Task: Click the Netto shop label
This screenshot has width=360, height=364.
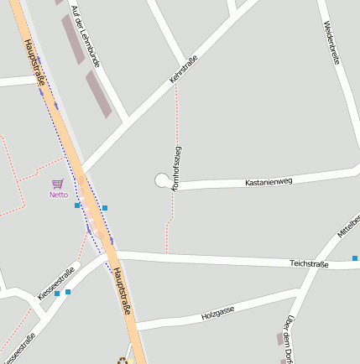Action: click(x=58, y=195)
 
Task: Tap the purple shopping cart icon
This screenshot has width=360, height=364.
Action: click(x=57, y=184)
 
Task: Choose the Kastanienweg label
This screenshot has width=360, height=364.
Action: click(x=268, y=181)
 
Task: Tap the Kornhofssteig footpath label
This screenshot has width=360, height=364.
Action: click(x=176, y=168)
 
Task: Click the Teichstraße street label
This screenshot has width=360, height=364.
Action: click(x=310, y=263)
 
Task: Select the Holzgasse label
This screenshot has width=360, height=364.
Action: click(x=217, y=315)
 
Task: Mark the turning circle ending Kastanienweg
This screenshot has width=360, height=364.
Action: click(x=161, y=180)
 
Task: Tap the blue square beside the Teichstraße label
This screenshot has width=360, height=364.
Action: click(x=355, y=259)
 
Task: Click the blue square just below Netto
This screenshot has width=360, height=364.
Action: click(x=77, y=205)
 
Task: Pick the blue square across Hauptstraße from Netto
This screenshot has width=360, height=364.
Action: click(x=105, y=207)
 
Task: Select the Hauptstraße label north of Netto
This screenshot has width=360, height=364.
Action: click(x=34, y=61)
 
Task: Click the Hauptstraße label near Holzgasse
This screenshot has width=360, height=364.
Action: click(x=121, y=290)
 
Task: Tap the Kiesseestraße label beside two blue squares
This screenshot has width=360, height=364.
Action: click(x=56, y=283)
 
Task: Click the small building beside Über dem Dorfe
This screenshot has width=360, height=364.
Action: click(x=280, y=338)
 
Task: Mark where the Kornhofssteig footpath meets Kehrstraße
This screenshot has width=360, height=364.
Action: click(x=176, y=84)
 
